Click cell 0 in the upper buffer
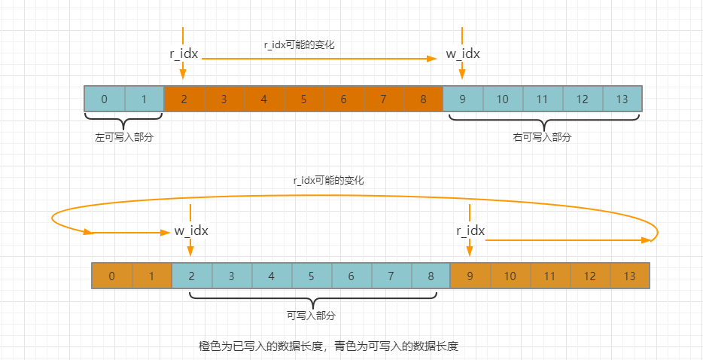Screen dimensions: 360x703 click(x=104, y=99)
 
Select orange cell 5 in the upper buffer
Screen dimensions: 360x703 click(x=303, y=99)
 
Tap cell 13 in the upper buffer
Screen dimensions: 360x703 click(x=621, y=99)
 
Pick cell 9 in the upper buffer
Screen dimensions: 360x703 click(x=462, y=99)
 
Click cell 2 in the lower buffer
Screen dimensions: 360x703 click(x=192, y=276)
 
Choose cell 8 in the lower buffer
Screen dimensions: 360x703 click(x=431, y=276)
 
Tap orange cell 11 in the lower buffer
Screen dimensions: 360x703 click(x=550, y=276)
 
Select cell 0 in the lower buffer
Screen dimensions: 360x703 click(x=111, y=276)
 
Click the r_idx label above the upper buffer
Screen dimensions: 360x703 click(x=184, y=53)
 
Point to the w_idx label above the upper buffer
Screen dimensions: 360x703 click(x=462, y=53)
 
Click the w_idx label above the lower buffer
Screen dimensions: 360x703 click(x=191, y=230)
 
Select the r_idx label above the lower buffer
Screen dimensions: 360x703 click(x=470, y=230)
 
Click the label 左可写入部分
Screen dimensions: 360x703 click(x=123, y=138)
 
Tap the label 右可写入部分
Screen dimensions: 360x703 click(x=542, y=138)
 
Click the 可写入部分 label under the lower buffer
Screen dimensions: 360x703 click(x=311, y=315)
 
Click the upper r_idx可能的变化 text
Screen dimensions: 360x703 click(x=299, y=44)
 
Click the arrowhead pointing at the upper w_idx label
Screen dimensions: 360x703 click(x=431, y=57)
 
